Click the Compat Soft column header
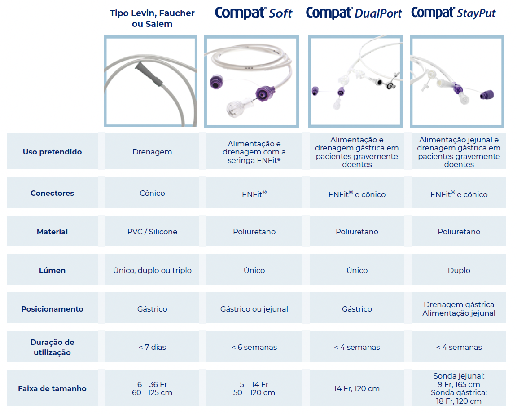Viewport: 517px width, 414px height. point(253,13)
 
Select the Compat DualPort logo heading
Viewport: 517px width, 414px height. point(354,13)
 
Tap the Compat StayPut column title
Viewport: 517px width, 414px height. point(453,13)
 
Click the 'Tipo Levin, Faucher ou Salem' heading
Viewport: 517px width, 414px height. point(152,18)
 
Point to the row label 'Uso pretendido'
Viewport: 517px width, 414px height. point(52,152)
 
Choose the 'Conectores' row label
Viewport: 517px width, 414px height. point(52,193)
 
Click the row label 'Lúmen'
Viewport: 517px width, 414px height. point(52,270)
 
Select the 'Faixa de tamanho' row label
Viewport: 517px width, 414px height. point(52,388)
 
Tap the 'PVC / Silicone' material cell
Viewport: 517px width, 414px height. point(152,232)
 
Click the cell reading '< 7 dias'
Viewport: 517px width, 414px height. point(152,347)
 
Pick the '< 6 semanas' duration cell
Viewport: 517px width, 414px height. point(254,347)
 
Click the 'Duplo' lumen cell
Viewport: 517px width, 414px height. point(459,270)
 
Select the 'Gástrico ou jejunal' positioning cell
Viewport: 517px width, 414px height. point(254,309)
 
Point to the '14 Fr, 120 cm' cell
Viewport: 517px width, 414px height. point(356,388)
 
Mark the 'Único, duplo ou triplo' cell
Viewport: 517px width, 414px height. point(152,270)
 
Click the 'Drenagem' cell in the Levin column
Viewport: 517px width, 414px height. point(152,152)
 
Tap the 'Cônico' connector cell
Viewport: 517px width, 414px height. point(152,193)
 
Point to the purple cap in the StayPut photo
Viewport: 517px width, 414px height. point(487,95)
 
